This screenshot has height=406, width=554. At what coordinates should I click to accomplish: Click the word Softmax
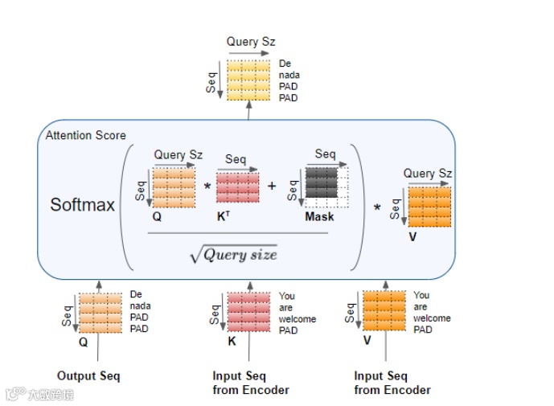(x=83, y=204)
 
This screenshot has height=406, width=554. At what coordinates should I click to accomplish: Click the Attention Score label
(x=86, y=135)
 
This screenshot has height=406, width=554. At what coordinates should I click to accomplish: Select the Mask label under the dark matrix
(x=320, y=217)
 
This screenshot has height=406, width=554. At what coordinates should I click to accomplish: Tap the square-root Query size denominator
(x=233, y=254)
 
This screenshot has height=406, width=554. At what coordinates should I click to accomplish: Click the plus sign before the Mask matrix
(x=272, y=187)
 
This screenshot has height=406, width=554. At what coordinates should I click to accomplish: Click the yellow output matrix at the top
(x=249, y=80)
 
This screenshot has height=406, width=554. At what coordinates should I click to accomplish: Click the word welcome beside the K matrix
(x=298, y=319)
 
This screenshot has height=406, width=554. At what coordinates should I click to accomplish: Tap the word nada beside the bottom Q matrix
(x=141, y=306)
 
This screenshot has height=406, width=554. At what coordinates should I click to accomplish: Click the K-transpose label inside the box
(x=223, y=217)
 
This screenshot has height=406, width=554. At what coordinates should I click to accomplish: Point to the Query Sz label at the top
(x=253, y=42)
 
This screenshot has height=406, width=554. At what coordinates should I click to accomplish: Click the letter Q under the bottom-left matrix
(x=83, y=341)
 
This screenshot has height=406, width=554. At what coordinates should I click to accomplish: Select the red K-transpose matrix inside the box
(x=238, y=187)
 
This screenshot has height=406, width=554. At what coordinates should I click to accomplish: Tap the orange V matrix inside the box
(x=430, y=207)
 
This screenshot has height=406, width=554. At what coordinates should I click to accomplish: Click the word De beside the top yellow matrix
(x=285, y=64)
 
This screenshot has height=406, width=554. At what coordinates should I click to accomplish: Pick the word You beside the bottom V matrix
(x=421, y=296)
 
